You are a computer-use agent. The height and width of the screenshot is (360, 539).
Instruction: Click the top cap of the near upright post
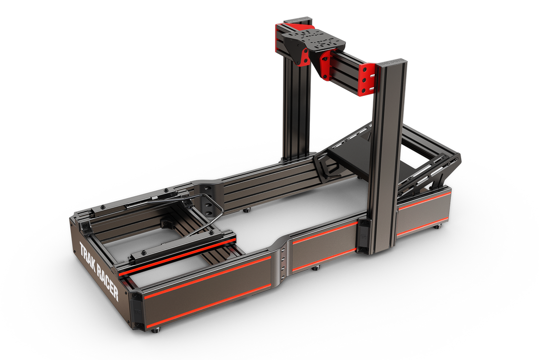[x=392, y=62]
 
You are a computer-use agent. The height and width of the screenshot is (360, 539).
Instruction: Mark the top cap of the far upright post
[x=298, y=19]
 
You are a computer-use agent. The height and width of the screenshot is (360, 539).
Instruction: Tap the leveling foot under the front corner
[x=156, y=330]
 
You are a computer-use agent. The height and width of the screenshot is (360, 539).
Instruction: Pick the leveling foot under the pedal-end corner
[x=437, y=226]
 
